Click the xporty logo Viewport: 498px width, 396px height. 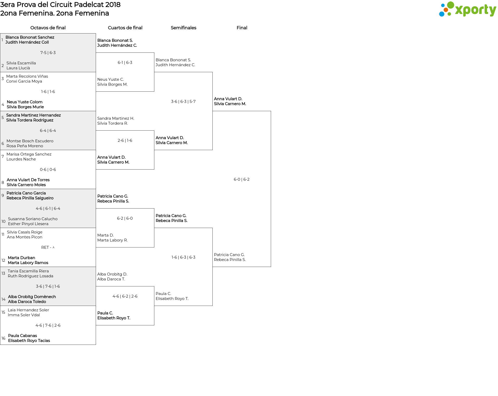coord(467,9)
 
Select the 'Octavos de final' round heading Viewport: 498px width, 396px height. coord(48,28)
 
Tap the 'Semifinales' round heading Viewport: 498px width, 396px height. coord(183,28)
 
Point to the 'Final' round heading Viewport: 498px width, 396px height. coord(242,28)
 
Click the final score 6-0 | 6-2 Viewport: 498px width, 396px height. coord(241,179)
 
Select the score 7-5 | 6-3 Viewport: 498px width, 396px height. coord(48,53)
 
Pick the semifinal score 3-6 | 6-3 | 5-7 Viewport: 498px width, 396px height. coord(183,102)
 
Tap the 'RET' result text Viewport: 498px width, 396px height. coord(45,247)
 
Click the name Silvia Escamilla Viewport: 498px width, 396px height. coord(21,63)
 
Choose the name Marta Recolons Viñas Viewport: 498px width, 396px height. coord(27,76)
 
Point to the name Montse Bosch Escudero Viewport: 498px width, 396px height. coord(30,141)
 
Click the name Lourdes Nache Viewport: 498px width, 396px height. coord(21,159)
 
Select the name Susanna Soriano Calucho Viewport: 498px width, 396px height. coord(33,219)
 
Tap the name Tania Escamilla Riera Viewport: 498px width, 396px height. coord(28,271)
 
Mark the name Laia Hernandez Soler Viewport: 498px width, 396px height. coord(28,310)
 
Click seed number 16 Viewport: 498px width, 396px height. coord(3,338)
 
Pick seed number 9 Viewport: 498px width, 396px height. coord(3,196)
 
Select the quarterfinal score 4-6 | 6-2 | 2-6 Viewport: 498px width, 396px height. coord(125,296)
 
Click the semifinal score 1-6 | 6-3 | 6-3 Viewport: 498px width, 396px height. coord(183,257)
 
